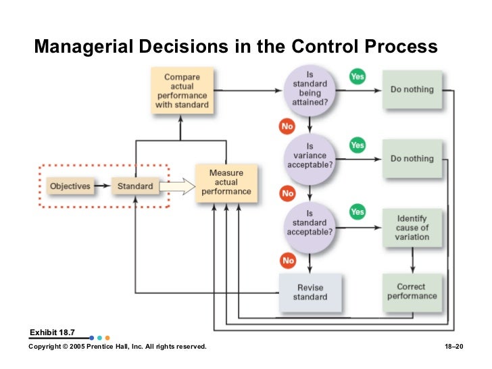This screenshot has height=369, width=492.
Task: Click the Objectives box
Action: coord(71,185)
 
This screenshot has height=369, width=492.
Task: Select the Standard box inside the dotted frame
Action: coord(135,185)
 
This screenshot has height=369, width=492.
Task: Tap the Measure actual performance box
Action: coord(226,182)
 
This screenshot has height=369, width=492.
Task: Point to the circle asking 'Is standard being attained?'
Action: coord(310,89)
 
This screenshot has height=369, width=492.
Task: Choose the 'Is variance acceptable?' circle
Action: coord(310,159)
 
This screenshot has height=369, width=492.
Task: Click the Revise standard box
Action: coord(311,292)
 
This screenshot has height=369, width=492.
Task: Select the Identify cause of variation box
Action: coord(412,228)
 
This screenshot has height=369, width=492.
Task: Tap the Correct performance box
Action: coord(412,291)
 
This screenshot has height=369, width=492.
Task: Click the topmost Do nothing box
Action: coord(412,89)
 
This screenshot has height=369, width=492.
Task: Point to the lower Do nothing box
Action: coord(412,159)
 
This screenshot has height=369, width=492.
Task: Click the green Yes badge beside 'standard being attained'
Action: coord(357,76)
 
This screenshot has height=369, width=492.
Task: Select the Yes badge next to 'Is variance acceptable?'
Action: coord(357,145)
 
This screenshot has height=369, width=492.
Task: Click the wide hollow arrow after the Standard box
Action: coord(177,185)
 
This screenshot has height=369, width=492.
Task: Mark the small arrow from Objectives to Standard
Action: coord(101,185)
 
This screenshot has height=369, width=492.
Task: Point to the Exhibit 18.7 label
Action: coord(52,332)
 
